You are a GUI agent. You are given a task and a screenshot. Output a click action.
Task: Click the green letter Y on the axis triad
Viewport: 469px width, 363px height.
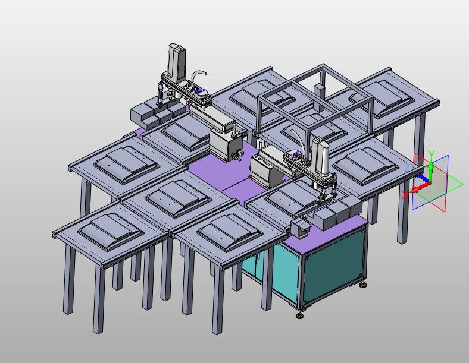tap(431, 154)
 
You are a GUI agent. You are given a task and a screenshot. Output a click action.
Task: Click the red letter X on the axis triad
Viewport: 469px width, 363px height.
tap(405, 195)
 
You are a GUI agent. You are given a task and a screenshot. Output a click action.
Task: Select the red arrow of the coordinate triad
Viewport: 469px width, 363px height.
tap(420, 187)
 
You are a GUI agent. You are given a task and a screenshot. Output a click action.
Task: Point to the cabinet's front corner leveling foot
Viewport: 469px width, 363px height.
tap(299, 315)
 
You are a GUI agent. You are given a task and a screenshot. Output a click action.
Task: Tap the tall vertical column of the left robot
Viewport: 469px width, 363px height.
tap(177, 64)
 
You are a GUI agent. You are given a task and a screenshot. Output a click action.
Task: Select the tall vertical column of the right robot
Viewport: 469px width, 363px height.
tap(321, 157)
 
